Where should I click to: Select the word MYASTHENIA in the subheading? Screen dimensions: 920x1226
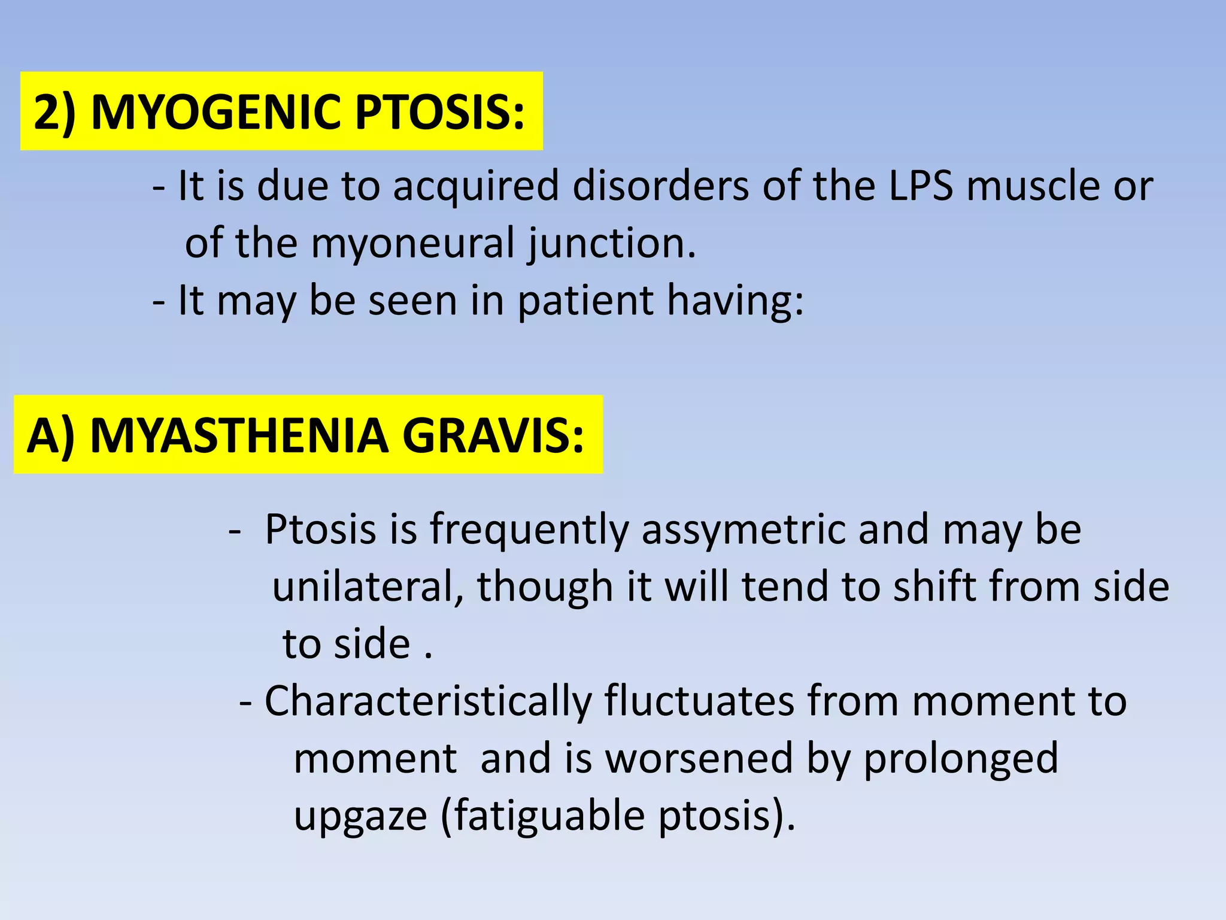[239, 435]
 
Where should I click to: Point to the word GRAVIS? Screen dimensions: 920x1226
[493, 435]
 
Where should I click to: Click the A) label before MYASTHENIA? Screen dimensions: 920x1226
[51, 435]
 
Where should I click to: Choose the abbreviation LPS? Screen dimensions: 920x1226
[920, 186]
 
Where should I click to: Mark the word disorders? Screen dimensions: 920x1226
[660, 186]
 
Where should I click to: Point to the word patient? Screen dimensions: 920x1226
[585, 300]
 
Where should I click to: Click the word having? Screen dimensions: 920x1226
[735, 301]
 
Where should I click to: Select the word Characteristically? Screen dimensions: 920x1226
[427, 701]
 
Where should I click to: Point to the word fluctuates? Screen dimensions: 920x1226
[699, 700]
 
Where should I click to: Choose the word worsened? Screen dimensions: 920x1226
[699, 758]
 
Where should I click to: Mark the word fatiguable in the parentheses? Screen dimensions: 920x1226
[550, 816]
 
